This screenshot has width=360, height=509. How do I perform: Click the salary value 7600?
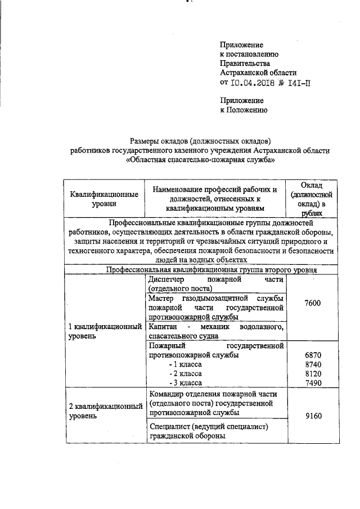[312, 303]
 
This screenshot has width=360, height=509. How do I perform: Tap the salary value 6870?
[312, 355]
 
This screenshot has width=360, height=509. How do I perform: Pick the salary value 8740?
[312, 364]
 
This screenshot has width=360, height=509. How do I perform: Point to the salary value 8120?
[312, 373]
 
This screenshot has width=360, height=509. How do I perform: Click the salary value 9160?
[312, 416]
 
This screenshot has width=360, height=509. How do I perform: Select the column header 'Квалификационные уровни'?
[104, 199]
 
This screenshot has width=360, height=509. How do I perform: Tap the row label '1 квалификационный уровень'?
[104, 331]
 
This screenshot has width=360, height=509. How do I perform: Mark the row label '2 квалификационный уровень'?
[104, 411]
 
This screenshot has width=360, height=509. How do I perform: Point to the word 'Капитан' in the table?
[163, 327]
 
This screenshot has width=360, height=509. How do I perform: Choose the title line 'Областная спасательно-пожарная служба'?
[201, 159]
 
